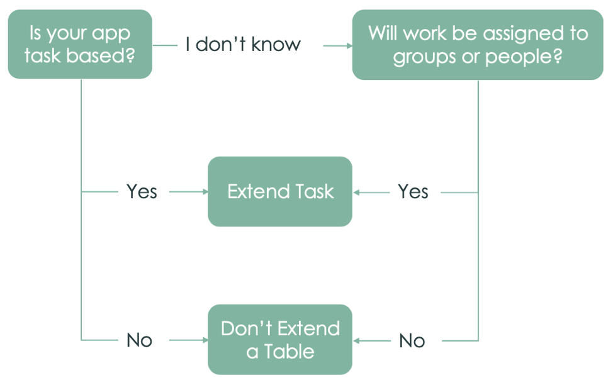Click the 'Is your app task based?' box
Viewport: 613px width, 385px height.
click(80, 44)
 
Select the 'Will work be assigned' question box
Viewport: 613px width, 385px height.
click(478, 44)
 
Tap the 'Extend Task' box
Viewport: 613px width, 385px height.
click(280, 191)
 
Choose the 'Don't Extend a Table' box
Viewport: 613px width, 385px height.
click(280, 340)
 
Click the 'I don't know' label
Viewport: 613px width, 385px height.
click(243, 45)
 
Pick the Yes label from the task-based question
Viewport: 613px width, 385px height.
click(142, 191)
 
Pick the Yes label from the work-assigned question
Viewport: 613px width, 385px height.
click(413, 191)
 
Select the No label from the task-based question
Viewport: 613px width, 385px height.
click(140, 340)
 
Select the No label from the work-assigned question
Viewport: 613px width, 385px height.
click(412, 340)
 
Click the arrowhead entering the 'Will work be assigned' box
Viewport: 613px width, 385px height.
click(348, 45)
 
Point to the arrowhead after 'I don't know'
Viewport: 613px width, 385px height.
click(348, 45)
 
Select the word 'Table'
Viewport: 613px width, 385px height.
click(293, 351)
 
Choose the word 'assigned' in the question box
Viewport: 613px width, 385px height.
click(530, 33)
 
